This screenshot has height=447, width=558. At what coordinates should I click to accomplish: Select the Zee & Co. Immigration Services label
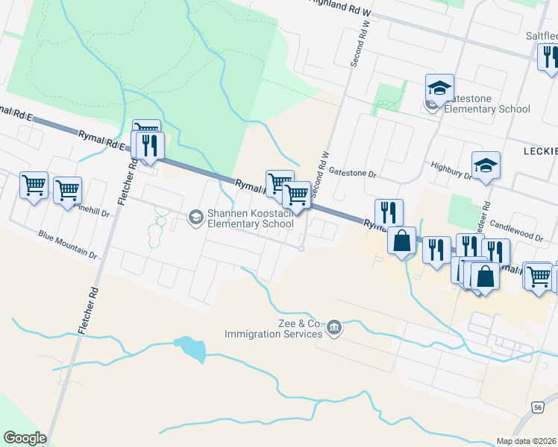[x=274, y=329]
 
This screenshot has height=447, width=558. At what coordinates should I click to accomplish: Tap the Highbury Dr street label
[x=451, y=171]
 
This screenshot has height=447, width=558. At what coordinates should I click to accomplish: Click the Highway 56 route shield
[x=537, y=407]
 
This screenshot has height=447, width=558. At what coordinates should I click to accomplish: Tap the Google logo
[x=24, y=438]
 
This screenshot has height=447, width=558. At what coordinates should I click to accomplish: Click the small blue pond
[x=189, y=348]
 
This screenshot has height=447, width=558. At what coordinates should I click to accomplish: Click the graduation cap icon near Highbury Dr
[x=486, y=166]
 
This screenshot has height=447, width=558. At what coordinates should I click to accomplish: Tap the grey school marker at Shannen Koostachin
[x=195, y=218]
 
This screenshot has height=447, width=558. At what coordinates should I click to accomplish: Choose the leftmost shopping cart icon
[x=34, y=185]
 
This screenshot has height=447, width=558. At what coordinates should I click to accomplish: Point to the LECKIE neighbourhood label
[x=541, y=150]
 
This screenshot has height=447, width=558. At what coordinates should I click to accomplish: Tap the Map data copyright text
[x=527, y=441]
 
